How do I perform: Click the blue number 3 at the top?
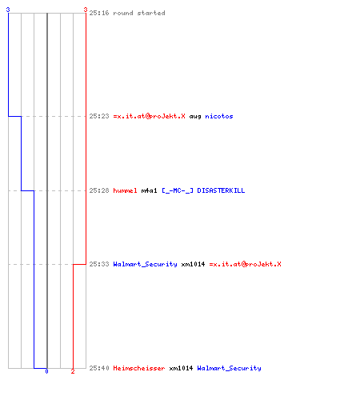pyautogui.click(x=8, y=10)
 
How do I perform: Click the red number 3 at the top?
pyautogui.click(x=86, y=10)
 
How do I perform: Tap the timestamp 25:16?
pyautogui.click(x=99, y=13)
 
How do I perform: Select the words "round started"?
pyautogui.click(x=139, y=13)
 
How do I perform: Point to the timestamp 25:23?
pyautogui.click(x=99, y=116)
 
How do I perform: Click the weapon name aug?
pyautogui.click(x=195, y=117)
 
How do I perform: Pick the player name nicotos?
pyautogui.click(x=219, y=116)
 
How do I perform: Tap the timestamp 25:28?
pyautogui.click(x=99, y=190)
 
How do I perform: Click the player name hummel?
pyautogui.click(x=125, y=190)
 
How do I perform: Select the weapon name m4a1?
pyautogui.click(x=149, y=190)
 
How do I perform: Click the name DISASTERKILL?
pyautogui.click(x=221, y=190)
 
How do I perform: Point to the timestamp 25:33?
pyautogui.click(x=99, y=264)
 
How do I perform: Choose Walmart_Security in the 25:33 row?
pyautogui.click(x=145, y=264)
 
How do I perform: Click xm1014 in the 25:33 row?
pyautogui.click(x=193, y=264)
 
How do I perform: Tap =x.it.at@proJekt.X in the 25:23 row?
pyautogui.click(x=149, y=116)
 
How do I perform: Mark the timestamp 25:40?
pyautogui.click(x=99, y=368)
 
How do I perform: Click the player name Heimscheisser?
pyautogui.click(x=139, y=368)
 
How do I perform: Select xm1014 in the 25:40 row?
pyautogui.click(x=181, y=368)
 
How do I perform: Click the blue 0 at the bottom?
pyautogui.click(x=46, y=371)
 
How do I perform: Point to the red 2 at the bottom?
pyautogui.click(x=73, y=371)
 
